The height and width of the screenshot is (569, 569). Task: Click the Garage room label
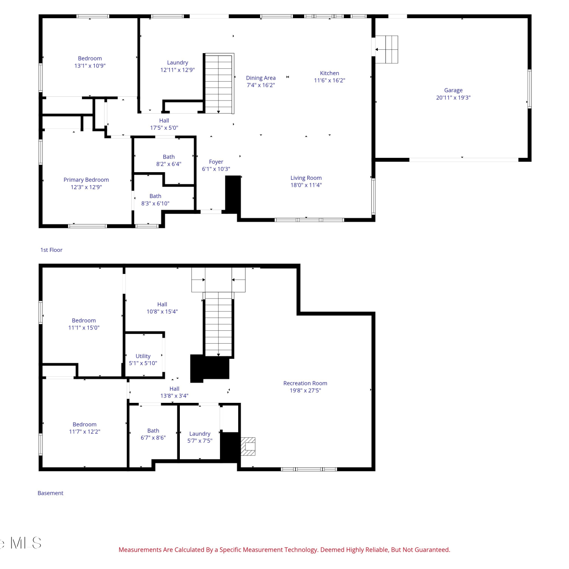click(453, 90)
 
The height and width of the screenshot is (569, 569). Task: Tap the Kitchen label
click(329, 73)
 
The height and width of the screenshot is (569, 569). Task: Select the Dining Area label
click(261, 78)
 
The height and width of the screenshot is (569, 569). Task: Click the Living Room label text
click(306, 178)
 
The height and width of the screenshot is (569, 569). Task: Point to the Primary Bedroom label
click(86, 180)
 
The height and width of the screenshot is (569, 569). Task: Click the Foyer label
click(216, 162)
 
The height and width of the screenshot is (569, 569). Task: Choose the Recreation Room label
click(305, 383)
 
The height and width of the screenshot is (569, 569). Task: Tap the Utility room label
click(143, 356)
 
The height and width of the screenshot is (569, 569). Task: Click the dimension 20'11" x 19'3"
click(453, 97)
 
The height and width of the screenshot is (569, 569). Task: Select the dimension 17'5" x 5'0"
click(164, 128)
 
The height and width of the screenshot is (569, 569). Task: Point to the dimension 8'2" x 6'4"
click(168, 164)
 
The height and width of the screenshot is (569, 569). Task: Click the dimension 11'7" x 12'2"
click(84, 432)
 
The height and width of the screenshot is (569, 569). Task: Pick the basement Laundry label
click(200, 434)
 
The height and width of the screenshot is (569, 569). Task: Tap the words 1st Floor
click(51, 250)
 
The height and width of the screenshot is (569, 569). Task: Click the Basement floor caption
click(50, 493)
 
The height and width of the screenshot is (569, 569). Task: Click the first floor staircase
click(219, 83)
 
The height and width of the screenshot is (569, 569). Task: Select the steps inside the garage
click(387, 49)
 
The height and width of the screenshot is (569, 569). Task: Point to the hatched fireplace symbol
click(248, 446)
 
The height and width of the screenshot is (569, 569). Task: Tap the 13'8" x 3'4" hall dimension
click(174, 396)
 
